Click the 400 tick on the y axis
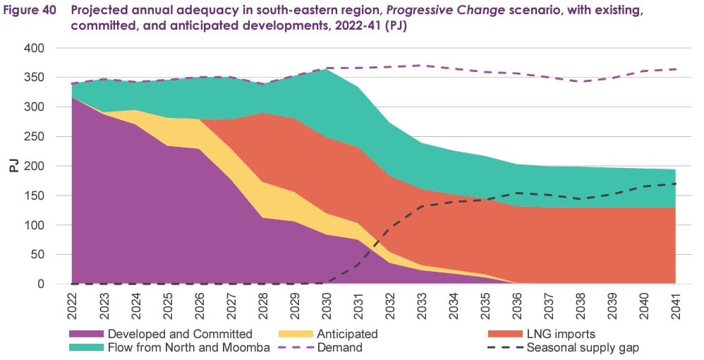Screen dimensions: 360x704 coord(34,48)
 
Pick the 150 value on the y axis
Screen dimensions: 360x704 coord(34,196)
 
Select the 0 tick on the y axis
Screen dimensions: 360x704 coord(42,284)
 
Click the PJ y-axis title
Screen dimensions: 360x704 coord(13,166)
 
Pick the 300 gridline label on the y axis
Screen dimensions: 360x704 coord(34,107)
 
